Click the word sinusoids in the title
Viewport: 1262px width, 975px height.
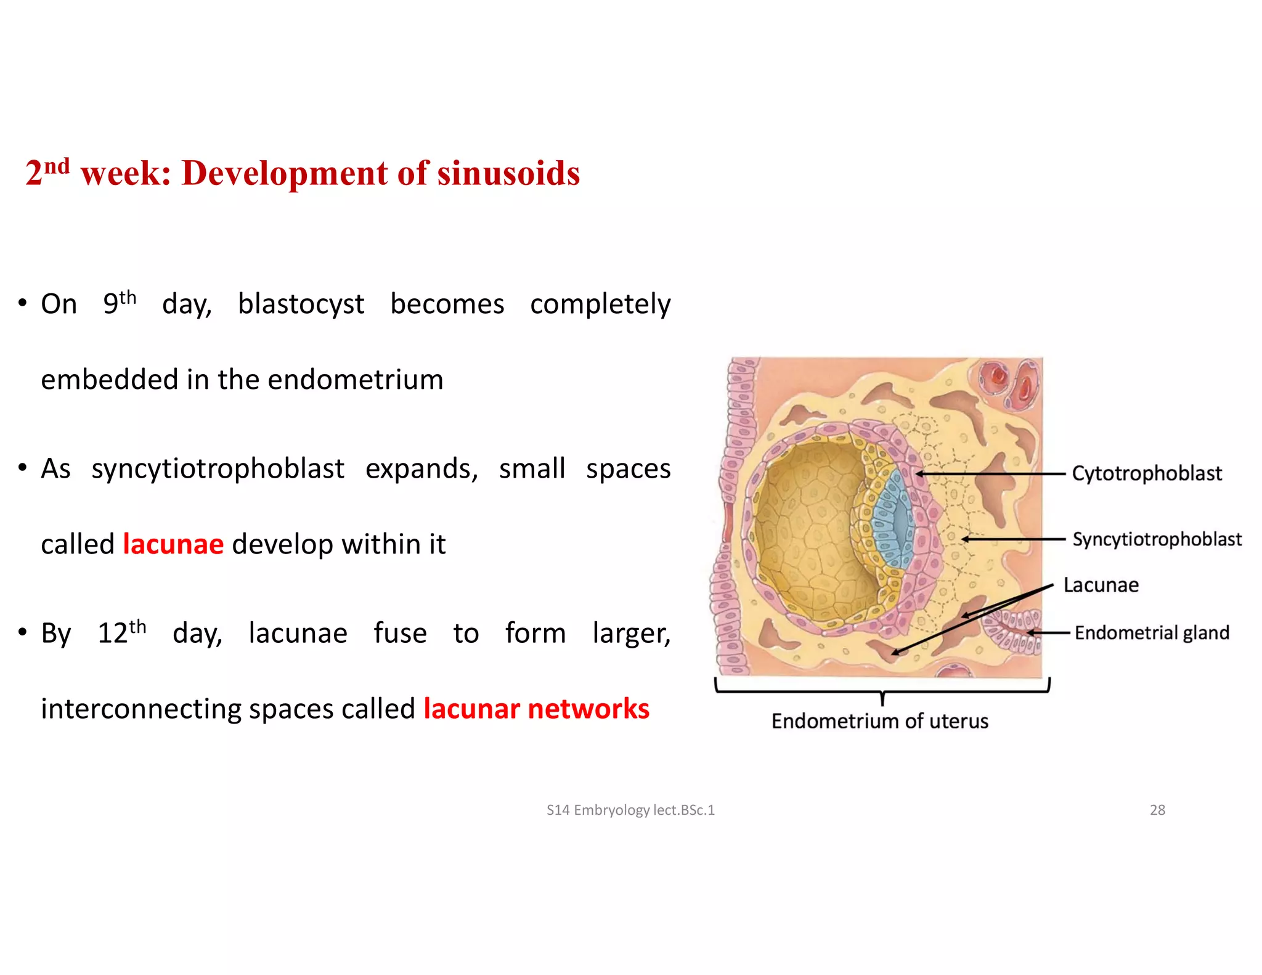508,173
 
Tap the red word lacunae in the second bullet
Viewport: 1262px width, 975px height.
173,544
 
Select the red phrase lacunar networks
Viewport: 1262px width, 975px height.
536,709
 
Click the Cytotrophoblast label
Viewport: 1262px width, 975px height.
1146,473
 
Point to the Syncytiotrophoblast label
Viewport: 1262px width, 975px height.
1157,539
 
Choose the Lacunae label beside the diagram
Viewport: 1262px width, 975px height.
1101,585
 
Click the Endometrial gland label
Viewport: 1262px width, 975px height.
1151,633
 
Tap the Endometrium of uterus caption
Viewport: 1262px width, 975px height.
879,721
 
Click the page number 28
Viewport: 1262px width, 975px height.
1157,810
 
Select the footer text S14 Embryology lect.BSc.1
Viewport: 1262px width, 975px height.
630,810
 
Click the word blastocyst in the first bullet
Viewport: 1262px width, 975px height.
301,304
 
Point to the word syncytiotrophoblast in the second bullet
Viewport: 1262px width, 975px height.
218,469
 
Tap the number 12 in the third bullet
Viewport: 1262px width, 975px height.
113,634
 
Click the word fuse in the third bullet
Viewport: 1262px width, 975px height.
400,634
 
